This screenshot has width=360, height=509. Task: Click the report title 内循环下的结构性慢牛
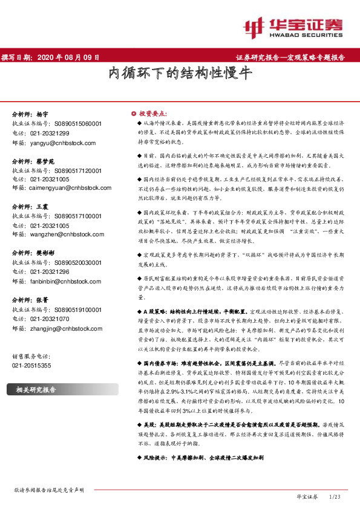[x=180, y=74]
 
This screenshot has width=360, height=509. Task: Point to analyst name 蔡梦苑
[x=45, y=161]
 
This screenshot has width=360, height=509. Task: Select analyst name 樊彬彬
[x=45, y=254]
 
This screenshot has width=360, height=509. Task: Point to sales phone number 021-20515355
[x=32, y=366]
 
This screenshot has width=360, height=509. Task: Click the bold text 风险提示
[x=153, y=458]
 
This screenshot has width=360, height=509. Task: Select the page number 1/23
[x=335, y=496]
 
